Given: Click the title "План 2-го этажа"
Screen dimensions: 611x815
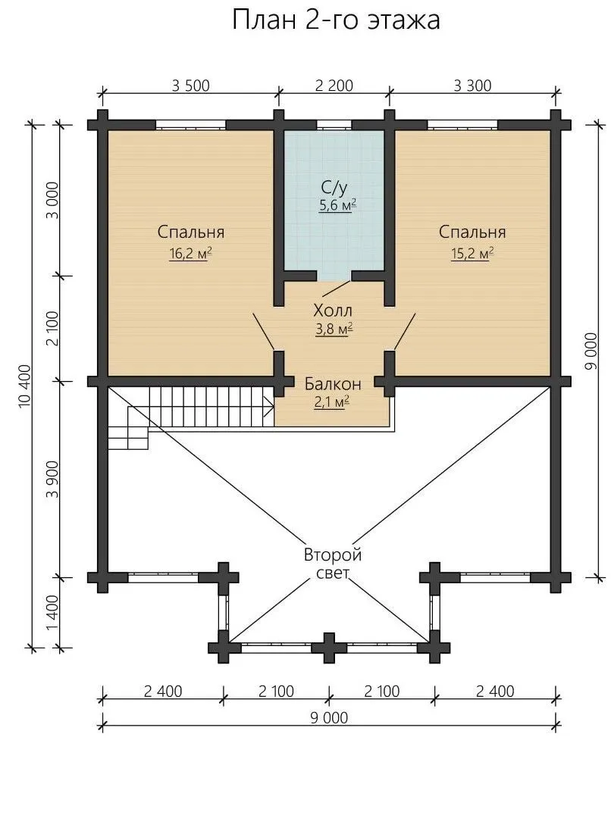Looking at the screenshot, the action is tap(336, 20).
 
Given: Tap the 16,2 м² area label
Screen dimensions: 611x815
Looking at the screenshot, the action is tap(191, 254).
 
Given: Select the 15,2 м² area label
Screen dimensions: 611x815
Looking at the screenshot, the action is tap(472, 254).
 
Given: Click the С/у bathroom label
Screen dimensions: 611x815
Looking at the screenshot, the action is tap(334, 186).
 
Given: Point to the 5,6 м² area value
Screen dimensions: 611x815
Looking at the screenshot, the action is tap(337, 205).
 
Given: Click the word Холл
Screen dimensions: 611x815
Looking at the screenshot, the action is tap(333, 311).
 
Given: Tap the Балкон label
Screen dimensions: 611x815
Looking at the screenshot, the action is tap(333, 383).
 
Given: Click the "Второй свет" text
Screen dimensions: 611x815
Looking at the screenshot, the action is tap(333, 564).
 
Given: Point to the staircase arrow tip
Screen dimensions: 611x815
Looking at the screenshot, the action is tap(274, 405).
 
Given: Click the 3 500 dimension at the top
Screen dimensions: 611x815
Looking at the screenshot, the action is tap(191, 86).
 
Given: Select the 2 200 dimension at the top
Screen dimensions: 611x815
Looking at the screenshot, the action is tap(334, 86).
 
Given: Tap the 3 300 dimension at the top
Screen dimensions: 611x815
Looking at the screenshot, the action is tap(472, 86).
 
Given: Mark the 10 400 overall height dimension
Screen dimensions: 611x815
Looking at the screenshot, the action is tap(25, 386).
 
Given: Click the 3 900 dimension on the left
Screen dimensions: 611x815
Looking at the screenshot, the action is tap(52, 479).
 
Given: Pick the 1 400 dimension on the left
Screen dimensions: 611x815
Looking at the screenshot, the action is tap(52, 613).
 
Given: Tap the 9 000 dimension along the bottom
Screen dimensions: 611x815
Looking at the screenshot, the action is tap(329, 718).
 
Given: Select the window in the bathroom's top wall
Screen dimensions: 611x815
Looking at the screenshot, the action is tap(334, 125).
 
